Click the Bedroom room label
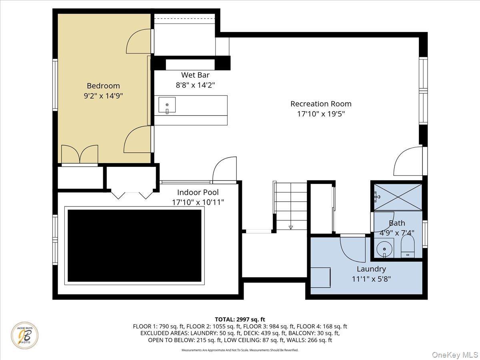103,86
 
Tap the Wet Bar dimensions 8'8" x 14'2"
195,85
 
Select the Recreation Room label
321,104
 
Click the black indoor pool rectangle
134,246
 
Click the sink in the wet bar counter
167,105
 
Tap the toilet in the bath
408,246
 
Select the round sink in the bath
384,248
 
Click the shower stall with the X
398,197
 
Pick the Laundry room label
371,269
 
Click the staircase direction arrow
291,228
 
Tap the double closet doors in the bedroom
79,154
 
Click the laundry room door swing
352,249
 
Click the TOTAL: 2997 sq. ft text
240,319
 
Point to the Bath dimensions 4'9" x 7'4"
397,232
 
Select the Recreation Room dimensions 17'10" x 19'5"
321,114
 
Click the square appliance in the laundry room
321,277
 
